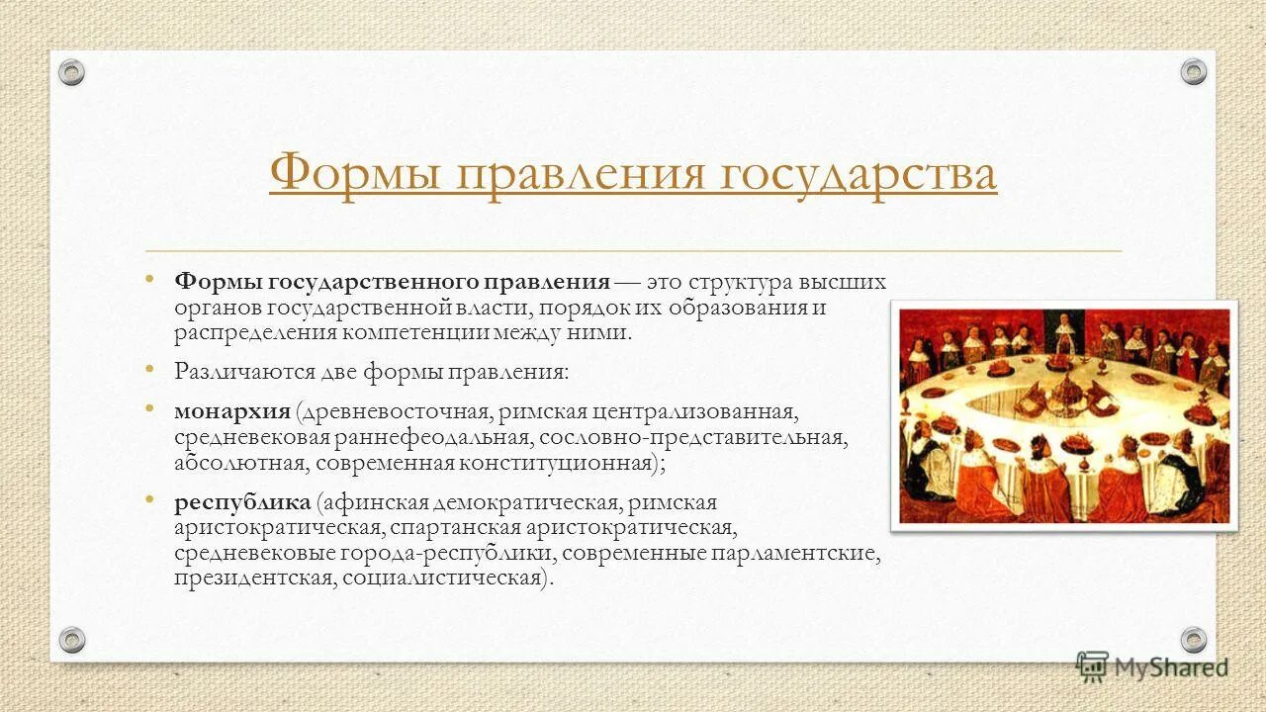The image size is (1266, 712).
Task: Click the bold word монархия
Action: click(231, 409)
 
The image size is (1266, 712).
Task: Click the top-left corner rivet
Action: click(71, 72)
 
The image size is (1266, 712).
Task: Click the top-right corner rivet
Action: click(1194, 72)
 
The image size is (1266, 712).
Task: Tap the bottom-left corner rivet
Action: click(71, 640)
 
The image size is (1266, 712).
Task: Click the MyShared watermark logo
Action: click(1152, 667)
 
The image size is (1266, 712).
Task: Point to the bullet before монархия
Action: click(149, 407)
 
